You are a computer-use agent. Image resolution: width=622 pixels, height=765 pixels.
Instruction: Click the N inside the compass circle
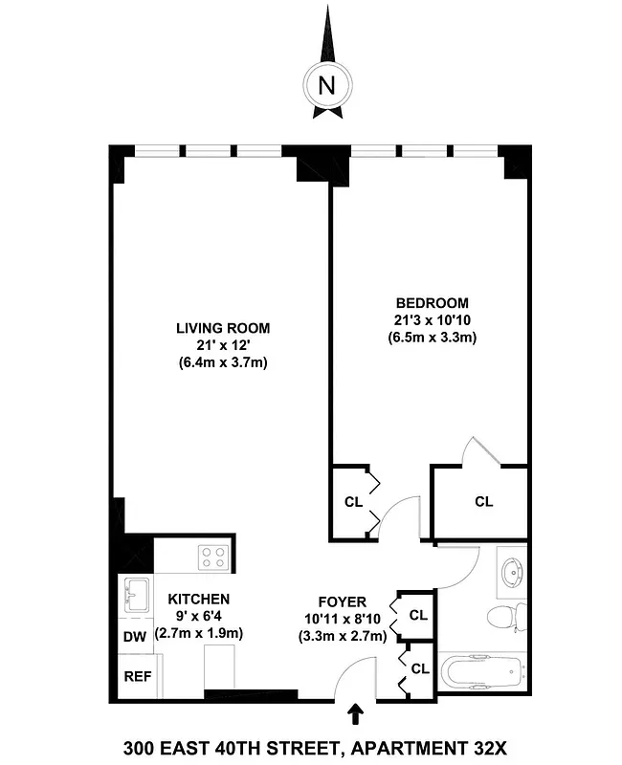click(326, 84)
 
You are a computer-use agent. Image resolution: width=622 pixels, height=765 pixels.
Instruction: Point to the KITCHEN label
click(199, 599)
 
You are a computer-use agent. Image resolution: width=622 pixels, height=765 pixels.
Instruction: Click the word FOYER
click(342, 601)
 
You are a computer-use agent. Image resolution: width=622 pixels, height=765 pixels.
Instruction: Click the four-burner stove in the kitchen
click(211, 557)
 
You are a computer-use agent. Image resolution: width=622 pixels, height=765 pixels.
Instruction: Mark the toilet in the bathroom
click(507, 616)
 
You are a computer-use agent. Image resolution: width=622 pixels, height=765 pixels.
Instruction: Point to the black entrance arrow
click(356, 713)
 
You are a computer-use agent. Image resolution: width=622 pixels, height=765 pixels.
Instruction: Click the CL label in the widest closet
click(484, 501)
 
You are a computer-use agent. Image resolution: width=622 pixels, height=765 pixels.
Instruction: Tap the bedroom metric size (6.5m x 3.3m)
click(432, 337)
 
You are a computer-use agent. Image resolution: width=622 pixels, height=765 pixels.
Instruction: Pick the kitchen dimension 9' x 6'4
click(199, 616)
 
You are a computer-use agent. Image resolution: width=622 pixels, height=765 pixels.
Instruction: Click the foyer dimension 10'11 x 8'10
click(342, 619)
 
